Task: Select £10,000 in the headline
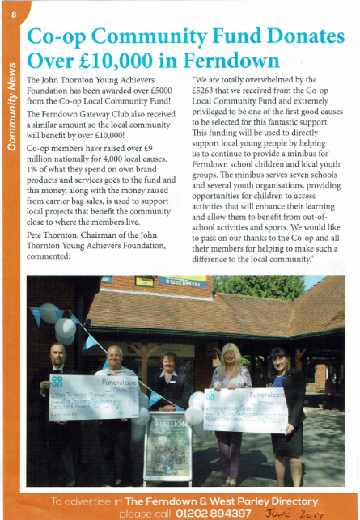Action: [x=116, y=61]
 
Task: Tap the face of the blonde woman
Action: [x=225, y=355]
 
